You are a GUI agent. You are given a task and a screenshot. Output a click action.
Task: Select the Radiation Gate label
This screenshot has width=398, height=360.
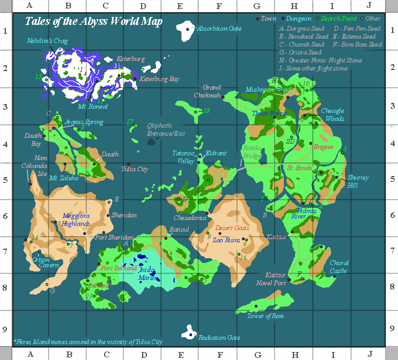219,337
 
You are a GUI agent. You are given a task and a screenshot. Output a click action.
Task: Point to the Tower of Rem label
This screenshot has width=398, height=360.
265,316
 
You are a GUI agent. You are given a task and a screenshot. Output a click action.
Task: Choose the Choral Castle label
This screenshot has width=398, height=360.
339,267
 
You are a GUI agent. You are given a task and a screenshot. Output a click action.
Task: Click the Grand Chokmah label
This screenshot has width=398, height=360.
211,91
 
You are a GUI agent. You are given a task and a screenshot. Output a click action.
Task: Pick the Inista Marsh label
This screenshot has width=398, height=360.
147,274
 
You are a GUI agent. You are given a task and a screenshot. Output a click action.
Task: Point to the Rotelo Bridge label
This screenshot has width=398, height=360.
252,152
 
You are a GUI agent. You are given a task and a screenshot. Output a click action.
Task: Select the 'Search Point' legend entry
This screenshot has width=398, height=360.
337,19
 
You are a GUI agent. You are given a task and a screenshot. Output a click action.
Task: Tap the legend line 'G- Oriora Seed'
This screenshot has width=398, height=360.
300,52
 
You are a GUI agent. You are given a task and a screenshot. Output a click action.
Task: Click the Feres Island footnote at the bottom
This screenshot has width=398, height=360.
88,342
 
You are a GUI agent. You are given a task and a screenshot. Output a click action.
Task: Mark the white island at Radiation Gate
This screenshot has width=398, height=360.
189,332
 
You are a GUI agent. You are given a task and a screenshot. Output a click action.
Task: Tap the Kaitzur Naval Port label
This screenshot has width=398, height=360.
275,279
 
